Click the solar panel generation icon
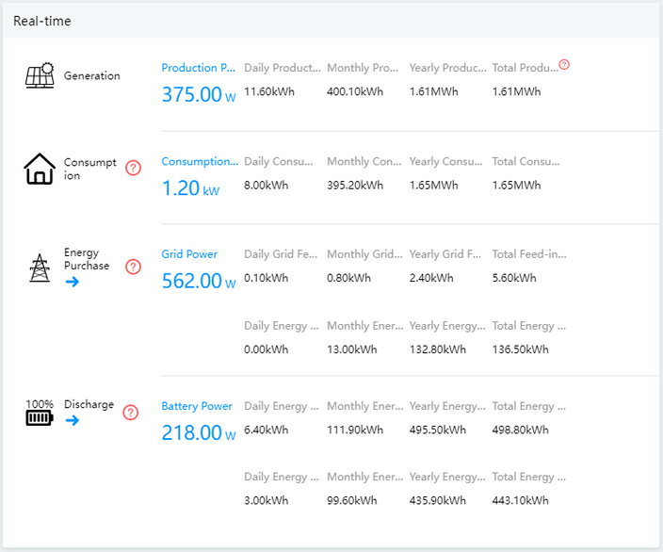[40, 75]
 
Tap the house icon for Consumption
[40, 169]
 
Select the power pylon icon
[40, 268]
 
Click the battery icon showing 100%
[40, 412]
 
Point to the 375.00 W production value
[199, 94]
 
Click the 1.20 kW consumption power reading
[190, 188]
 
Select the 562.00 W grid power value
[199, 281]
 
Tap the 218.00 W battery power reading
[199, 432]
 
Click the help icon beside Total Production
[564, 65]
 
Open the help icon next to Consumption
[133, 168]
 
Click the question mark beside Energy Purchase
[133, 267]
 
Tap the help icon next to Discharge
[131, 413]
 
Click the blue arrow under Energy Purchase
[73, 282]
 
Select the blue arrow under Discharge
[73, 420]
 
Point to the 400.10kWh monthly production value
[355, 91]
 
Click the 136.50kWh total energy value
[520, 349]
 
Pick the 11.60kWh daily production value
[269, 91]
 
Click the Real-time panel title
[42, 21]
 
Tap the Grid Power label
[189, 253]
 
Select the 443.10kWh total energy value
[520, 500]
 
